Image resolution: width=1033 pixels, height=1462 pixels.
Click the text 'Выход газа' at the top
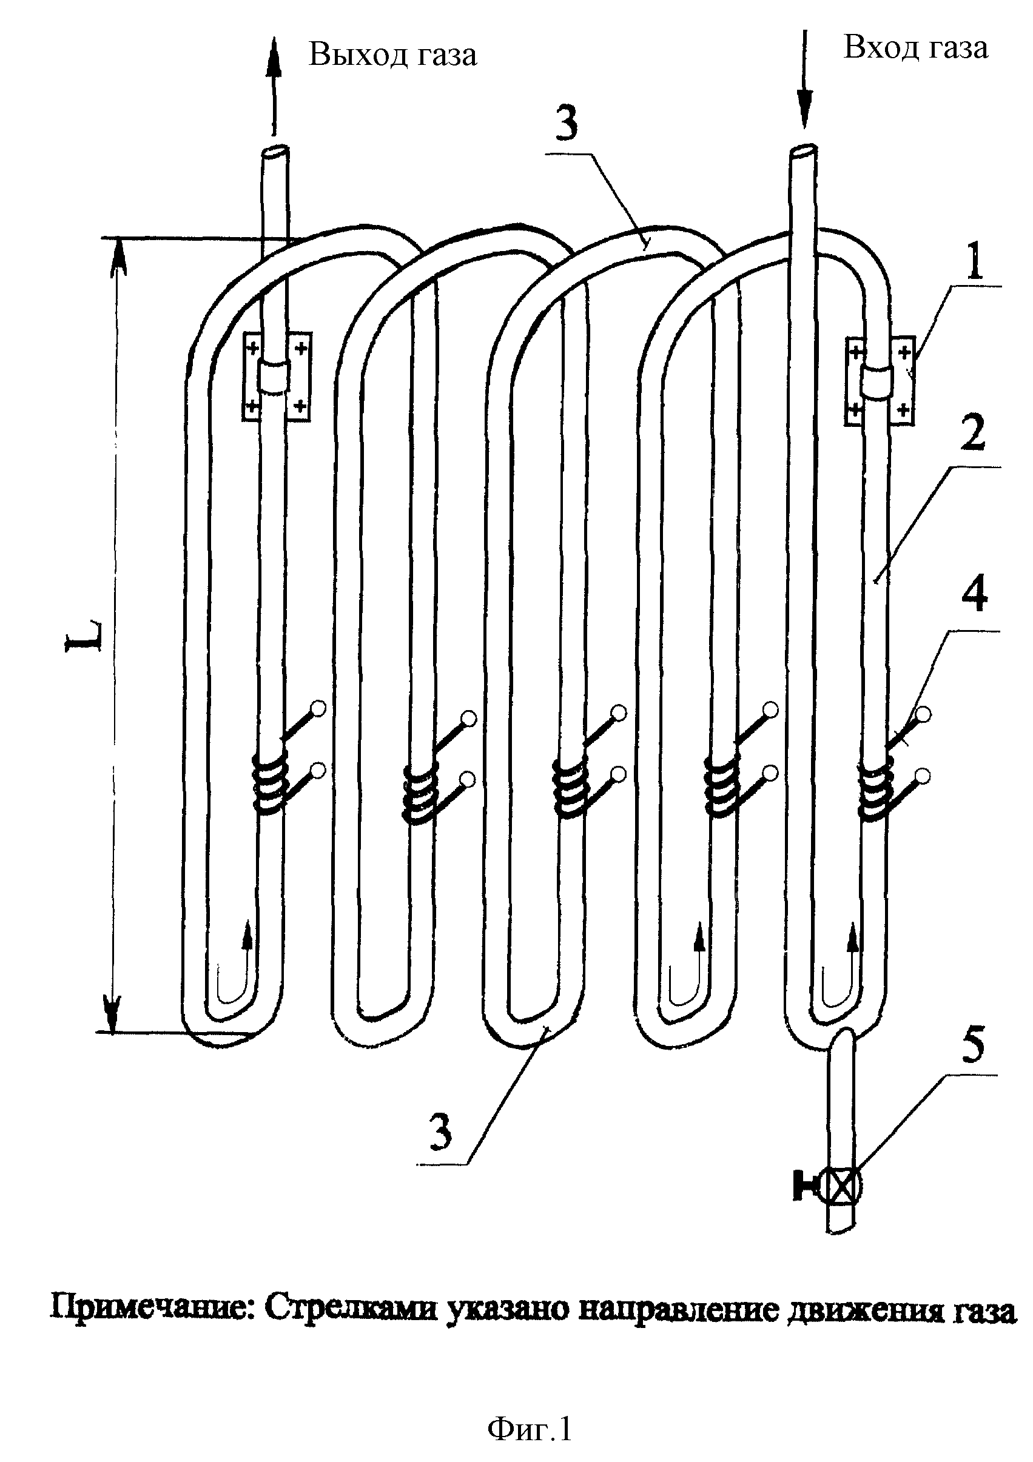click(x=393, y=55)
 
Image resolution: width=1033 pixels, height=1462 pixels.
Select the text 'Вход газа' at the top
click(x=916, y=48)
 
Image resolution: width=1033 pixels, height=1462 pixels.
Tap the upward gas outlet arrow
click(x=275, y=86)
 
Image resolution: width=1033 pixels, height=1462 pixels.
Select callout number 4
click(x=974, y=593)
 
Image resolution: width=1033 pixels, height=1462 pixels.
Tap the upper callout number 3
click(x=566, y=123)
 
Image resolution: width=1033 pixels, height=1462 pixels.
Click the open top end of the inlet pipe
click(x=804, y=152)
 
